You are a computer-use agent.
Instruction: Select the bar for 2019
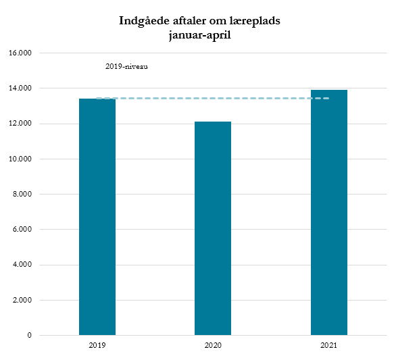tap(97, 216)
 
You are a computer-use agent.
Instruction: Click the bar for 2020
tap(213, 228)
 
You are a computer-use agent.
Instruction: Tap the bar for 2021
tap(329, 212)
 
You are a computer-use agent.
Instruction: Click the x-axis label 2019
tap(97, 345)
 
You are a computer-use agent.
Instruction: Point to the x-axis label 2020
tap(213, 345)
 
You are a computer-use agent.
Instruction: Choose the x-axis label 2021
tap(329, 345)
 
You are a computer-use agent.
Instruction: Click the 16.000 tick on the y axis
tap(22, 53)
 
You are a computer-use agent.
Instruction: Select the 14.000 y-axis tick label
tap(22, 88)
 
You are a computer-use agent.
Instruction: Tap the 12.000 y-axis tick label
tap(22, 124)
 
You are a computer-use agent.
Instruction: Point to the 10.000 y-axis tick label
tap(22, 159)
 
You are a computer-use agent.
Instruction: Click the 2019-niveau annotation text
tap(126, 67)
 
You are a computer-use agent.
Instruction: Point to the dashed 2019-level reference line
tap(213, 99)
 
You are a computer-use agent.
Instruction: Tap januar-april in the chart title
tap(200, 35)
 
